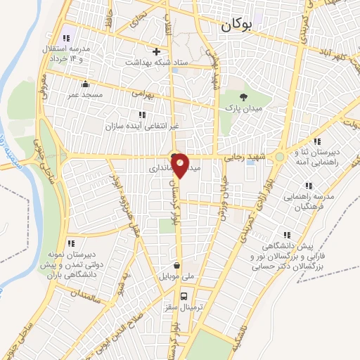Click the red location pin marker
pyautogui.click(x=181, y=165)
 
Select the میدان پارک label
pyautogui.click(x=243, y=109)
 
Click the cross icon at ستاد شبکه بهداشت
pyautogui.click(x=157, y=51)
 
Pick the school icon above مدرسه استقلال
pyautogui.click(x=65, y=38)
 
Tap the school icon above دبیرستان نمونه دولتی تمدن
pyautogui.click(x=70, y=243)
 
